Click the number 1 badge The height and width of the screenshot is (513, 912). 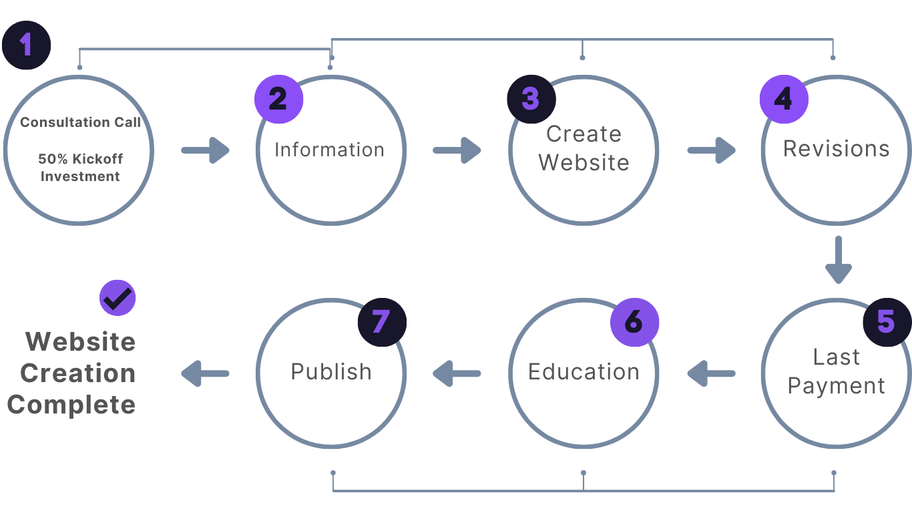(26, 45)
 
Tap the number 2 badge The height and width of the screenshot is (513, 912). (278, 100)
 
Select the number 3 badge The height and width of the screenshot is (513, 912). (531, 99)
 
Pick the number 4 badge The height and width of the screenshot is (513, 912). (783, 100)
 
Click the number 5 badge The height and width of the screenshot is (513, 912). (886, 322)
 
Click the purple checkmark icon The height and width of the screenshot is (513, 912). (118, 298)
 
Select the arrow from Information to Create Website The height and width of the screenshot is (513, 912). (457, 150)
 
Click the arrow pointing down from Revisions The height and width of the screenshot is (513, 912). (838, 260)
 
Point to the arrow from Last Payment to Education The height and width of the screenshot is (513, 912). (710, 373)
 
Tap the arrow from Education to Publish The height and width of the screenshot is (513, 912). (457, 373)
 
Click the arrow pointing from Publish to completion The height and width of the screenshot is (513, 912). (205, 373)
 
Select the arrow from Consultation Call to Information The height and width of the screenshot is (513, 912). (206, 150)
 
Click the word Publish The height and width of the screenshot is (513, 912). (331, 371)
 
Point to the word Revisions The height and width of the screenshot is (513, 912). (836, 148)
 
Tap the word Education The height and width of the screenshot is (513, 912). (584, 371)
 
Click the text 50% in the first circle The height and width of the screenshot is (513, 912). (51, 160)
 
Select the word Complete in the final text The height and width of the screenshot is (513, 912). (71, 405)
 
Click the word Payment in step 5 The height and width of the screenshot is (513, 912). (836, 386)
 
